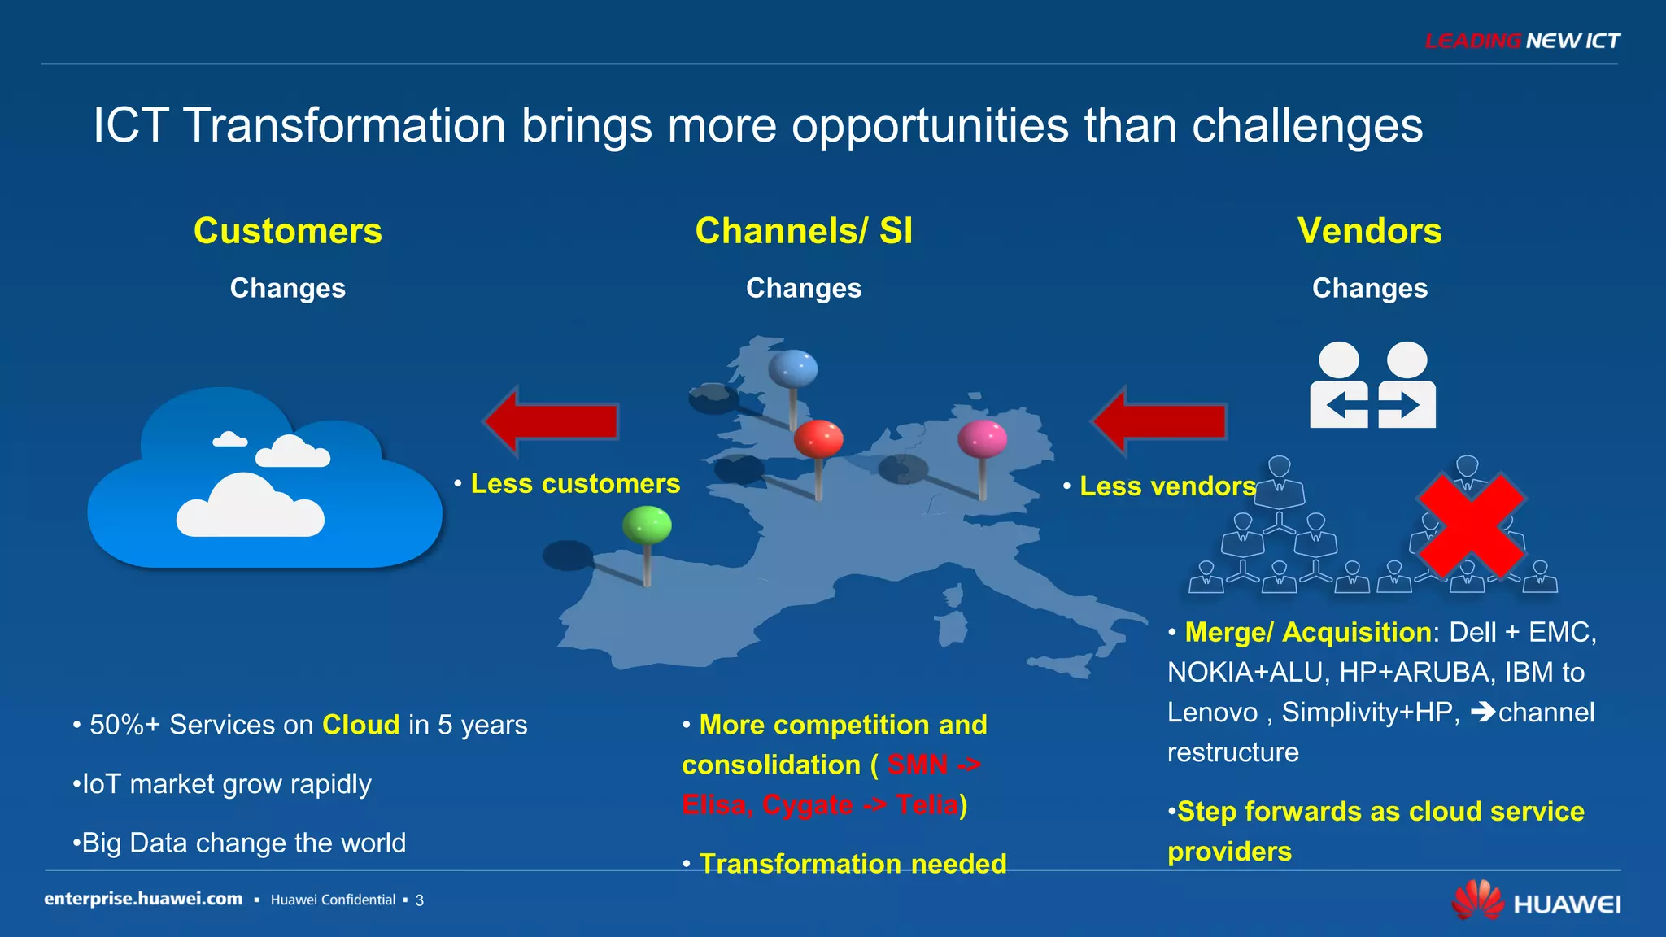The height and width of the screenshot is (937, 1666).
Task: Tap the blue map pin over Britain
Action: click(x=792, y=368)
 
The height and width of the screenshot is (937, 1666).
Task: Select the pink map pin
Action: click(x=982, y=439)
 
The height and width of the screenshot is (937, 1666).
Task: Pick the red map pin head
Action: click(x=818, y=438)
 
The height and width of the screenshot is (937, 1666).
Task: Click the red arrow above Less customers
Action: click(x=552, y=421)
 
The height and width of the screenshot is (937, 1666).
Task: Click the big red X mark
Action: click(x=1470, y=526)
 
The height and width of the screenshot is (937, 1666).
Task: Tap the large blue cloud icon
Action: click(x=264, y=480)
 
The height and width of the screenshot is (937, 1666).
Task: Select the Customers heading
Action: click(x=287, y=231)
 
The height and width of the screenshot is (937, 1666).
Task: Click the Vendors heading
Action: click(x=1369, y=231)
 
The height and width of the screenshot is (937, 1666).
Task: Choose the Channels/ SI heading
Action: click(x=804, y=231)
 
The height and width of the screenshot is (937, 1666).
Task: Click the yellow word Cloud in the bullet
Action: click(x=360, y=725)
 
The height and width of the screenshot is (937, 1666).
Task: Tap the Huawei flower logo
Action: click(x=1478, y=900)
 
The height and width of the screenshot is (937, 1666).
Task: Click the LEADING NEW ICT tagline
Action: click(x=1522, y=41)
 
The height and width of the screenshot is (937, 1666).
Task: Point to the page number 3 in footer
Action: click(x=420, y=900)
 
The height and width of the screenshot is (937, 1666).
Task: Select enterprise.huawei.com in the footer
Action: click(x=143, y=899)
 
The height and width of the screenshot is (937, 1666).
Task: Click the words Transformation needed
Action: click(x=853, y=864)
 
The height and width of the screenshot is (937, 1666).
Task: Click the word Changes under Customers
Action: click(x=287, y=288)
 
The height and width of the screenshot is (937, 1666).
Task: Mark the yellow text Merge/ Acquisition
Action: click(x=1307, y=632)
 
